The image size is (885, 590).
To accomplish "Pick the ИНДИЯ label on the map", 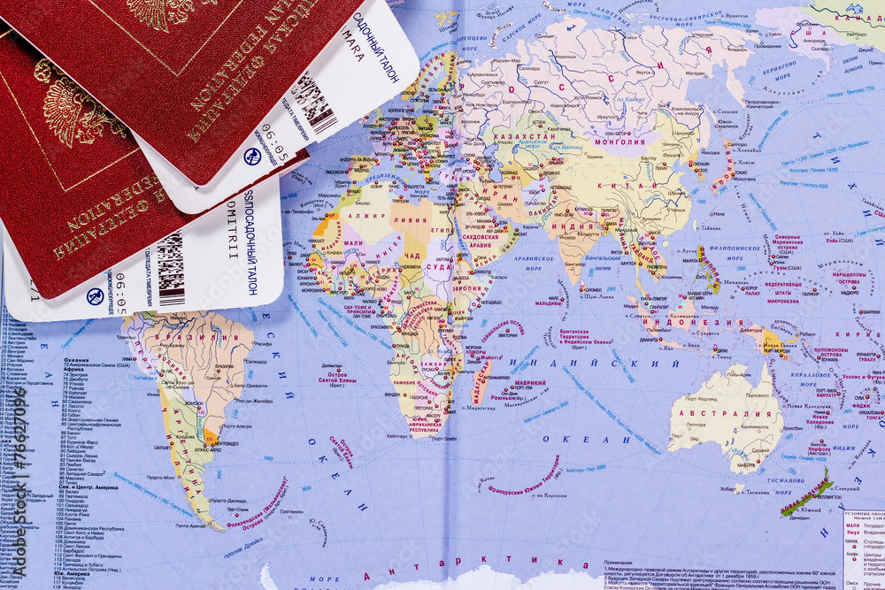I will tap(566, 227).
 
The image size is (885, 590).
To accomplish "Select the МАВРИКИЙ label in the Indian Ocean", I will tap(530, 383).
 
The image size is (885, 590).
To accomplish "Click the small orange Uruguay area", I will tap(210, 437).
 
